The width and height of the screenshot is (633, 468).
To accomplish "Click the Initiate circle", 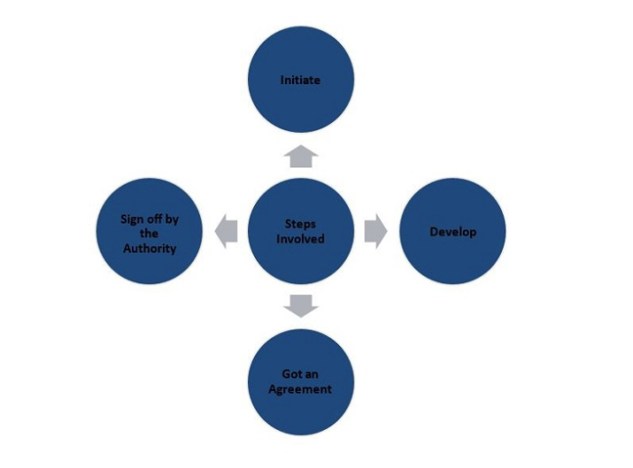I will [x=300, y=80].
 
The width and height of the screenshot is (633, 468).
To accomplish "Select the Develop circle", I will [x=452, y=232].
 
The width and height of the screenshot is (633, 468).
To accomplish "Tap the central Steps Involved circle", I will [x=300, y=232].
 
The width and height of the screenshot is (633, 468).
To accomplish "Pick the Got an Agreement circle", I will [x=300, y=382].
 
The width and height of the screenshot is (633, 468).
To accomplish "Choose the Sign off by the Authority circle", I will [x=149, y=232].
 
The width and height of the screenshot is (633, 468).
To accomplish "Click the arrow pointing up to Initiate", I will [x=300, y=156].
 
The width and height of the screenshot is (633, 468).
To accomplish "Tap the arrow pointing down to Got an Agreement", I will [x=300, y=306].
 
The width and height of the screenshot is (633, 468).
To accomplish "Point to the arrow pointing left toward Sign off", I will [x=226, y=232].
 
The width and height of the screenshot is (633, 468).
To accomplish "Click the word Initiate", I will [x=300, y=81].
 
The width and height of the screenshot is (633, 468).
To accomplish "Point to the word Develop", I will [x=452, y=233].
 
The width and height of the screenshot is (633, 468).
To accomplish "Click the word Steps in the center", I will [x=300, y=224].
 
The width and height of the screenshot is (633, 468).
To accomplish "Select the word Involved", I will [x=300, y=239].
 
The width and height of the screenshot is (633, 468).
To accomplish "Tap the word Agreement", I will [x=300, y=389].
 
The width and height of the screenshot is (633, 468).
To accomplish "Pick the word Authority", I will [x=149, y=246].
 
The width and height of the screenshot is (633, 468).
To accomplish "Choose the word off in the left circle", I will [x=155, y=219].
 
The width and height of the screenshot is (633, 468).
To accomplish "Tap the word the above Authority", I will [x=149, y=233].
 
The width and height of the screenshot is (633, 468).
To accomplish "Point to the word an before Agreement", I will [x=312, y=375].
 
